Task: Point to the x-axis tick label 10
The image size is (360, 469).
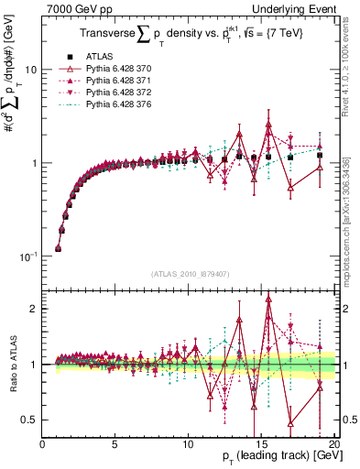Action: click(188, 444)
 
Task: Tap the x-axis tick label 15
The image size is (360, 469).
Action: click(261, 444)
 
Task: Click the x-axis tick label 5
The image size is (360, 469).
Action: click(115, 444)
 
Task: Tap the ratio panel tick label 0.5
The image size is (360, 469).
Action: click(28, 420)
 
